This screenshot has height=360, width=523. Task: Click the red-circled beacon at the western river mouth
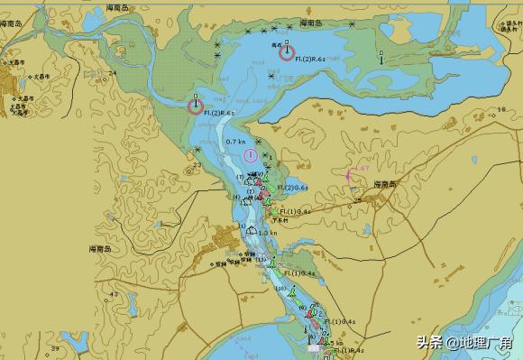(196, 106)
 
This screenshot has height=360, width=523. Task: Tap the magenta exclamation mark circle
(250, 155)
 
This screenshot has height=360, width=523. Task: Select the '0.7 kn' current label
(235, 142)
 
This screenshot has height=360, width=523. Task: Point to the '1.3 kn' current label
(268, 233)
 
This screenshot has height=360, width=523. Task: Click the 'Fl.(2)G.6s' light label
(293, 188)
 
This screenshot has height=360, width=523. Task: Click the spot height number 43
(113, 294)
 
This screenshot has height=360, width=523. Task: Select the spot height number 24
(112, 73)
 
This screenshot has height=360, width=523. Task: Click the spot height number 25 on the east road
(357, 199)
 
